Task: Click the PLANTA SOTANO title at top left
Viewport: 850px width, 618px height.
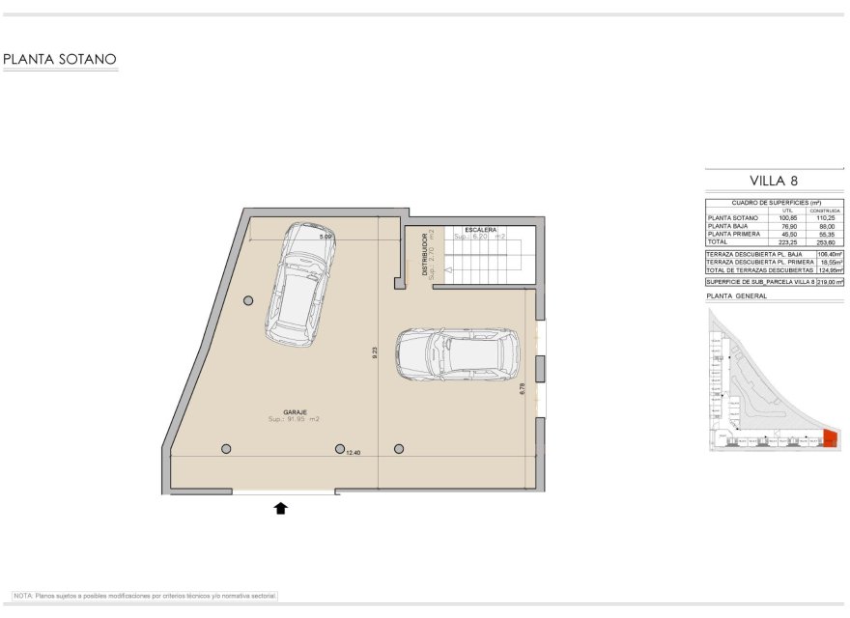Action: click(60, 60)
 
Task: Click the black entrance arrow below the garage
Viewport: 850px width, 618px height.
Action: click(281, 508)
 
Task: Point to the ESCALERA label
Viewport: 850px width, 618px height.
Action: click(480, 230)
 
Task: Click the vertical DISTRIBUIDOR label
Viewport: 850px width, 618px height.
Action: click(425, 255)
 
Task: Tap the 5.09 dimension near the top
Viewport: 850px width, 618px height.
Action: click(326, 236)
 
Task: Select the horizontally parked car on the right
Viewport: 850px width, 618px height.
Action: click(458, 355)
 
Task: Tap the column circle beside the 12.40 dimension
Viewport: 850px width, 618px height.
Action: click(340, 449)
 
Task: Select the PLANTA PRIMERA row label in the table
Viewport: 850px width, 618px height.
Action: click(735, 235)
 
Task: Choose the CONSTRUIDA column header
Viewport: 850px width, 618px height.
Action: click(826, 211)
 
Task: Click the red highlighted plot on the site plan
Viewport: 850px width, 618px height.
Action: click(829, 441)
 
